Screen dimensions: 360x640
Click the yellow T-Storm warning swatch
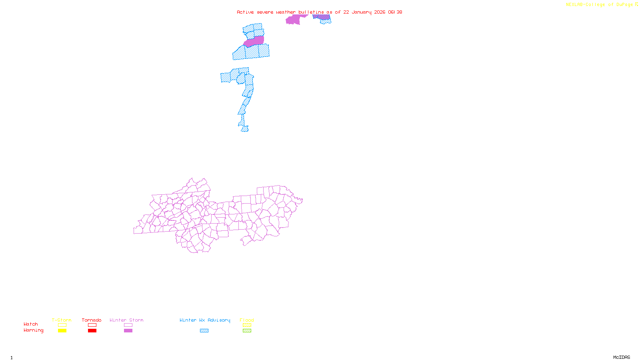click(62, 331)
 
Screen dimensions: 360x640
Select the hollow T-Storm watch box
click(62, 325)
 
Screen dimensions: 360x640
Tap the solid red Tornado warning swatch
click(92, 331)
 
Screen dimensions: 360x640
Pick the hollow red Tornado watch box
click(92, 325)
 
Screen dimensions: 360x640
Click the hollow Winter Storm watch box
click(128, 325)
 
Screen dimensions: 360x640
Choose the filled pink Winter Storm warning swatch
click(128, 331)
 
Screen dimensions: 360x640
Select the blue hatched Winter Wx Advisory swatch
click(204, 331)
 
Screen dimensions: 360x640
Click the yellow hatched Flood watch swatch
click(247, 325)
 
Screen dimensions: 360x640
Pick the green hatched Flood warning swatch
click(247, 331)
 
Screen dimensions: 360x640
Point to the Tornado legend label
click(92, 320)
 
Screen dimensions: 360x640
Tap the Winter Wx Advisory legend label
click(205, 320)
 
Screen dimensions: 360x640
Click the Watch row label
click(31, 324)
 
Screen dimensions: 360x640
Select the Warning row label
click(33, 330)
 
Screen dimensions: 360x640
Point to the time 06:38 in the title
click(395, 12)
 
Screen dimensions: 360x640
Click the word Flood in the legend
click(247, 320)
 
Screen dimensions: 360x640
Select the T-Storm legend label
click(62, 320)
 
